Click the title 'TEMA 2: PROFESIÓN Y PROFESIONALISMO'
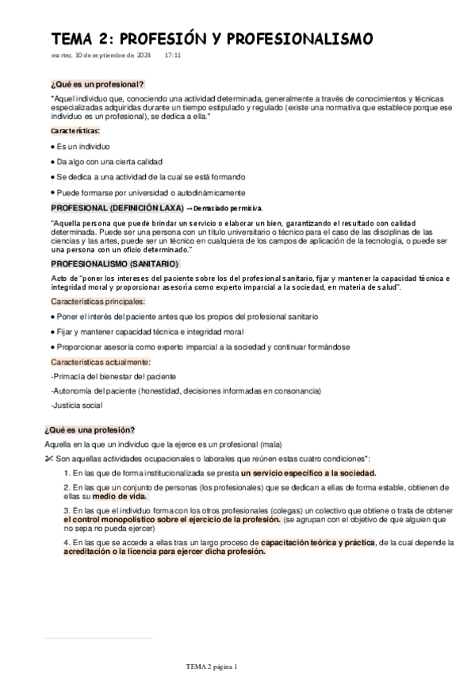click(x=212, y=39)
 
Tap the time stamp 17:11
click(x=173, y=56)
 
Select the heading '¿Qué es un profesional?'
click(x=97, y=84)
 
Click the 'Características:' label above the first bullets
click(x=75, y=130)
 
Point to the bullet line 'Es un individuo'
click(x=83, y=147)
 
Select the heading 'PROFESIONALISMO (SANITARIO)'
click(x=116, y=263)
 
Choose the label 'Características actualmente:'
click(x=100, y=362)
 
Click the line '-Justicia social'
click(x=76, y=406)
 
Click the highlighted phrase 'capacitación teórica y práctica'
click(x=317, y=543)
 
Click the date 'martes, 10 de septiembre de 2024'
click(x=101, y=56)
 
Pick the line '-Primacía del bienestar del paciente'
click(x=113, y=376)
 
